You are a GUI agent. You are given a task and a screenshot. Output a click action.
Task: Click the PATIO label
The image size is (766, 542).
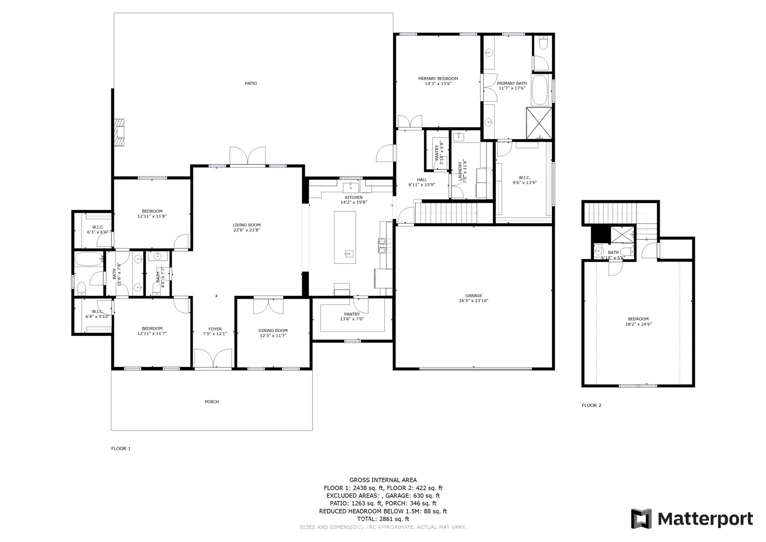click(251, 83)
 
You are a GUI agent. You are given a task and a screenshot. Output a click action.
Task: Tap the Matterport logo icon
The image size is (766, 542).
click(641, 519)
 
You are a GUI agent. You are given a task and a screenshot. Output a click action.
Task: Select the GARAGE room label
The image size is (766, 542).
click(473, 296)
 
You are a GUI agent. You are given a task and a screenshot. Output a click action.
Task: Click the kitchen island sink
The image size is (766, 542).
click(349, 254)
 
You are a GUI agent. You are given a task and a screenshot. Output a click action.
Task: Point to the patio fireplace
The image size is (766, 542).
click(120, 133)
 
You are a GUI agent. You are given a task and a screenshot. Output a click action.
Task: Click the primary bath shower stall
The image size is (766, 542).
click(539, 123)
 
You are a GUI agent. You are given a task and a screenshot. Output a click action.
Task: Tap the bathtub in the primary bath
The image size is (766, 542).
click(540, 90)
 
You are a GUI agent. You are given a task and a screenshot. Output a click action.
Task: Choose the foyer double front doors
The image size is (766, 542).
click(213, 359)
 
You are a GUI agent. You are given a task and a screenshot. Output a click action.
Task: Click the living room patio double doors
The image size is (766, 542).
click(247, 156)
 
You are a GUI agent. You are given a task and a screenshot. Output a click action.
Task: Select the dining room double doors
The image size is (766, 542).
click(268, 306)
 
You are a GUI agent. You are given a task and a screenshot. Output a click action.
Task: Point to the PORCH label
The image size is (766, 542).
click(212, 402)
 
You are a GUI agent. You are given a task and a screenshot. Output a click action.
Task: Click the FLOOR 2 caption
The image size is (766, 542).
click(591, 406)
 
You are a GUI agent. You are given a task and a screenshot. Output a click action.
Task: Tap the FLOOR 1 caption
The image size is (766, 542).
click(121, 448)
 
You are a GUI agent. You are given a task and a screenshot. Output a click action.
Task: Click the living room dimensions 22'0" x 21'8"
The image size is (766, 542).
click(246, 230)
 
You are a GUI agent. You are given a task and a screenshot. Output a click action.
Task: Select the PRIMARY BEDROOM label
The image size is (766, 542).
click(438, 78)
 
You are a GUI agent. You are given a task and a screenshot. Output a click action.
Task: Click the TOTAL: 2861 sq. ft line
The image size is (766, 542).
click(383, 519)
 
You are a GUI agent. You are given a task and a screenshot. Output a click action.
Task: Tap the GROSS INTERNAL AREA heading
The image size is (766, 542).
click(383, 480)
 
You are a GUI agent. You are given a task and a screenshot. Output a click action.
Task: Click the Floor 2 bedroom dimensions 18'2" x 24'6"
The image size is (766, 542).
click(639, 324)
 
